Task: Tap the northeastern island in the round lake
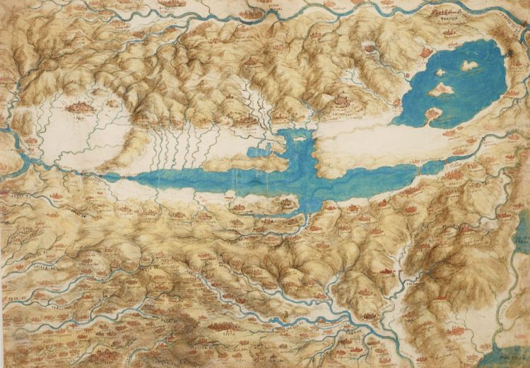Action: (x=469, y=65)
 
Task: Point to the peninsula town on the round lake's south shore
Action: (x=433, y=112)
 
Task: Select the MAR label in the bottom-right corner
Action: (x=509, y=338)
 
